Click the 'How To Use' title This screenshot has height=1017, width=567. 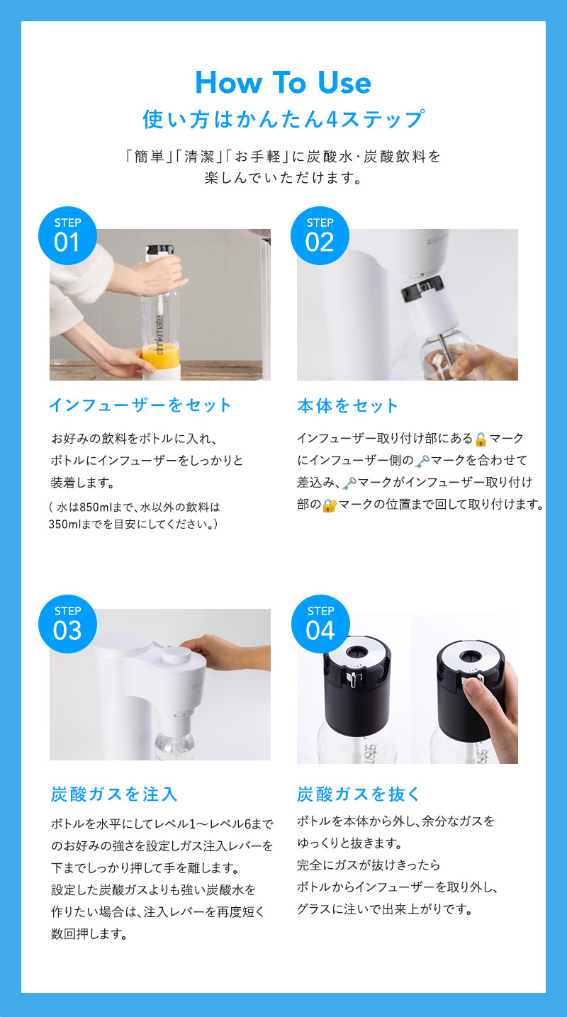(283, 83)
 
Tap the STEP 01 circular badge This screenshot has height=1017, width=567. (67, 236)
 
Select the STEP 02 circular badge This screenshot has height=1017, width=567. (320, 236)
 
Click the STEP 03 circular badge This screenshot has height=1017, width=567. (67, 624)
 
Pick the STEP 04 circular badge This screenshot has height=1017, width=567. (320, 624)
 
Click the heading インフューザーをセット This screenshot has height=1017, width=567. (140, 405)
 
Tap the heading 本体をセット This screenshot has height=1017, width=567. (348, 405)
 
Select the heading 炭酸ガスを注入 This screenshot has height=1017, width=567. (114, 794)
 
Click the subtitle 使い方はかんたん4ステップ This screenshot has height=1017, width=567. (283, 118)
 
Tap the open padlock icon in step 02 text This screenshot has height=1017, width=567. (481, 439)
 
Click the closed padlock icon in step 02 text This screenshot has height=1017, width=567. (328, 505)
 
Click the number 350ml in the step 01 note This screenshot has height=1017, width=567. (64, 524)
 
